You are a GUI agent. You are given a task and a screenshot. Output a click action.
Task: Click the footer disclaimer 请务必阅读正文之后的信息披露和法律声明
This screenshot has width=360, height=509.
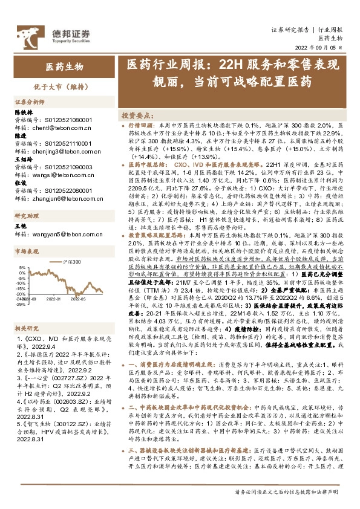coord(289,492)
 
